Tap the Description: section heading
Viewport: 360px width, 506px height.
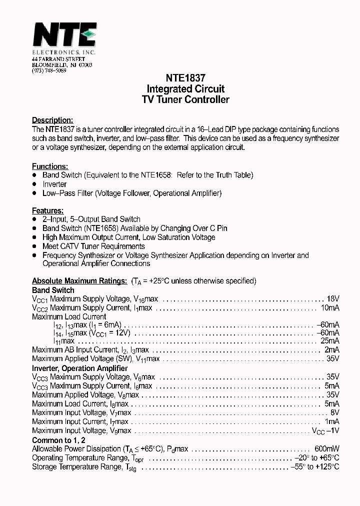(52, 120)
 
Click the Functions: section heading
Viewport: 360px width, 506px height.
(50, 166)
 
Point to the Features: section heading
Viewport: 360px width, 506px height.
(47, 210)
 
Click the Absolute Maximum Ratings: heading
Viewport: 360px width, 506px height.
(79, 281)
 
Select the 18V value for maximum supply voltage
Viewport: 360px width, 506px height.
(332, 299)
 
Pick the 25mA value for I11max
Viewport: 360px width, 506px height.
(329, 341)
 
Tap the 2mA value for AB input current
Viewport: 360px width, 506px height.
(331, 350)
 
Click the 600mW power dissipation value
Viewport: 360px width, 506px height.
(327, 449)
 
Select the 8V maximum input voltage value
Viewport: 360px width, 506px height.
(334, 413)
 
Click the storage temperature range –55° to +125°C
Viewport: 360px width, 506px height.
(315, 467)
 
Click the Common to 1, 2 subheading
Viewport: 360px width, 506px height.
(58, 440)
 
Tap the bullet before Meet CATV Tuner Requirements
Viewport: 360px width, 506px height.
(34, 246)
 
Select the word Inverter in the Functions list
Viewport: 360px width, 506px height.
(54, 184)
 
